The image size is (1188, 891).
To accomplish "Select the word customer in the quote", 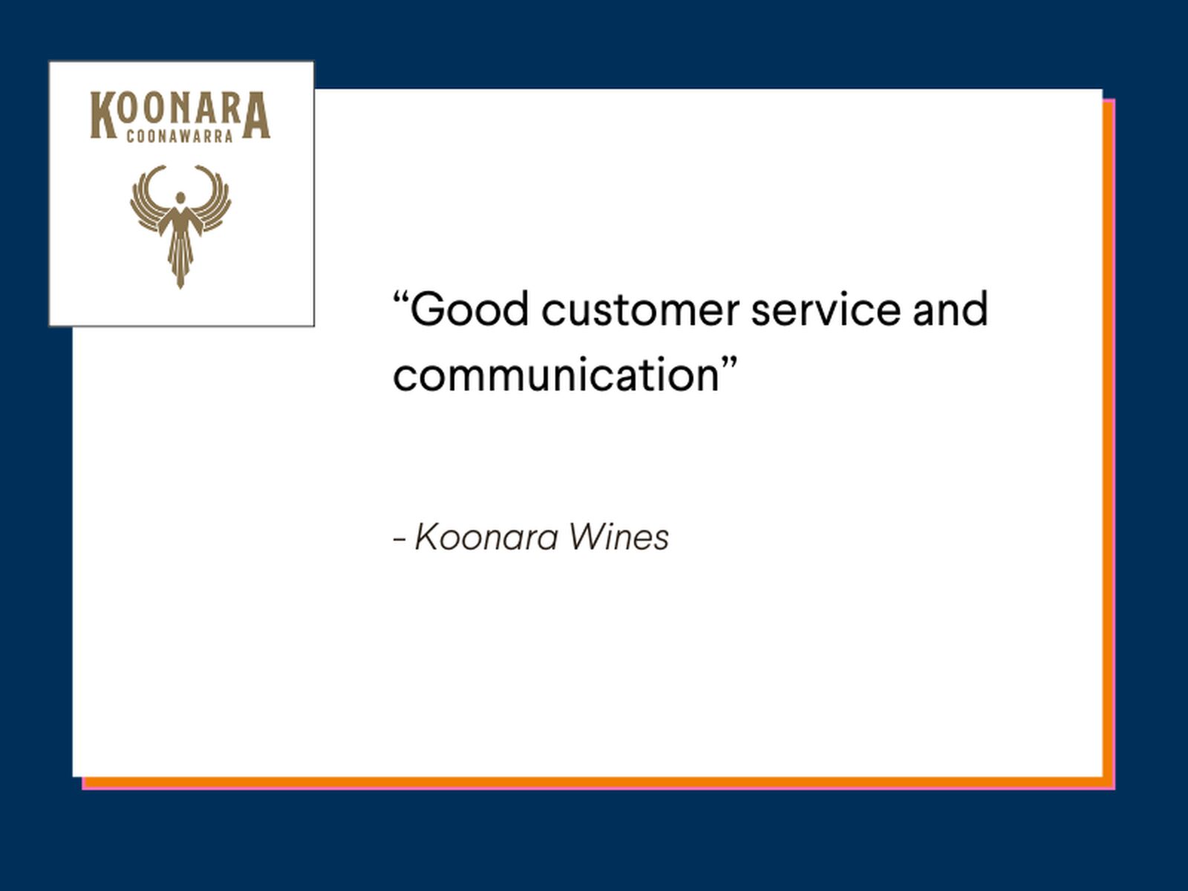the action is pos(640,310).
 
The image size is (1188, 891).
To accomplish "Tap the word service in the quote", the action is pos(826,310).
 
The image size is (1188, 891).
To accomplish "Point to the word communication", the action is pos(556,374).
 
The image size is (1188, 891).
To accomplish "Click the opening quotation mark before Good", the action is pos(400,298).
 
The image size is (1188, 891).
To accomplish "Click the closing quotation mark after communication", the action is pos(730,362).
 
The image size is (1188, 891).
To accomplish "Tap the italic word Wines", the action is pos(619,538).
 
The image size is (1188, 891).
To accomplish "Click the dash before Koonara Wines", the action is pos(399,539).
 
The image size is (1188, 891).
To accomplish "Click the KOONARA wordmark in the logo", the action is pos(180,115).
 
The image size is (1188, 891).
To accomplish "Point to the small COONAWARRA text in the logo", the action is pos(180,137).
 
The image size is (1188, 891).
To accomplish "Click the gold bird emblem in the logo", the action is pos(180,226).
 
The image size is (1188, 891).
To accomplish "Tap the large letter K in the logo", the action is pos(103,115).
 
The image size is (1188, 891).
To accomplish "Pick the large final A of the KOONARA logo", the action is pos(256,115).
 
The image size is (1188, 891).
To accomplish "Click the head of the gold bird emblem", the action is pos(180,198).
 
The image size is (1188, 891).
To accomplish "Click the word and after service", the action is pos(950,310).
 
